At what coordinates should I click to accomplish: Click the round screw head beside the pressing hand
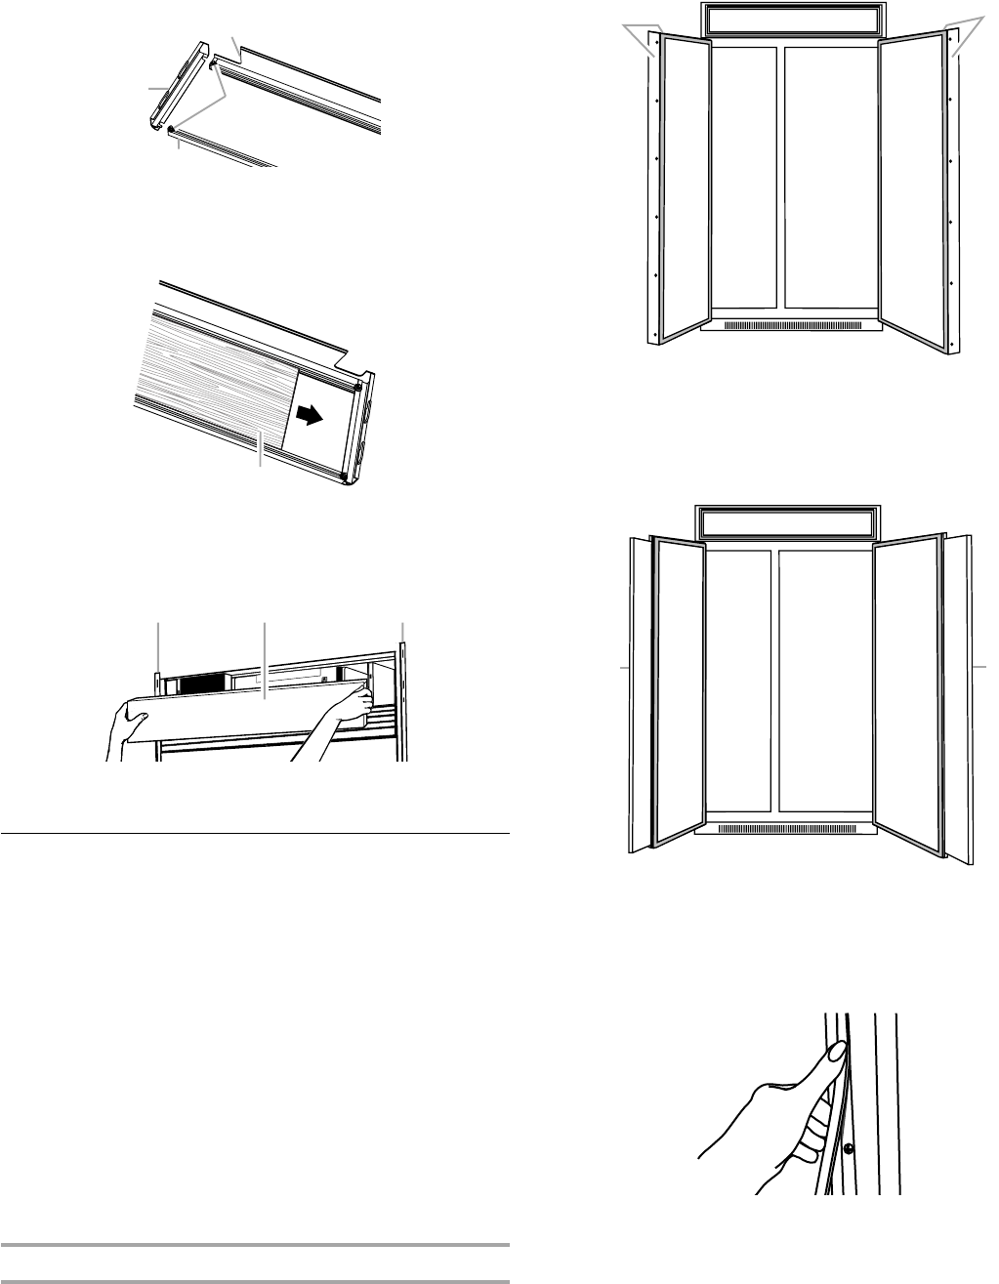[849, 1149]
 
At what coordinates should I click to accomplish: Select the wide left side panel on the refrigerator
[638, 693]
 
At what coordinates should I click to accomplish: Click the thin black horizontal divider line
[255, 835]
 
